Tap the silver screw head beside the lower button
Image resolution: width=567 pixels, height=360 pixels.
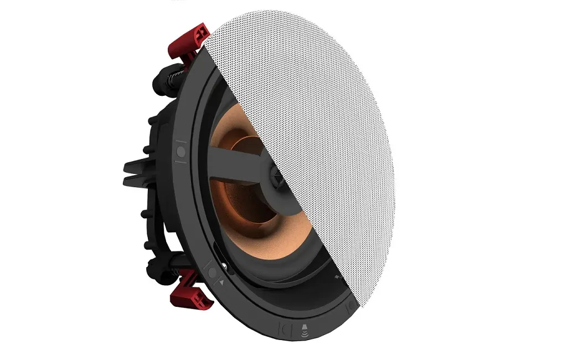(225, 270)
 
